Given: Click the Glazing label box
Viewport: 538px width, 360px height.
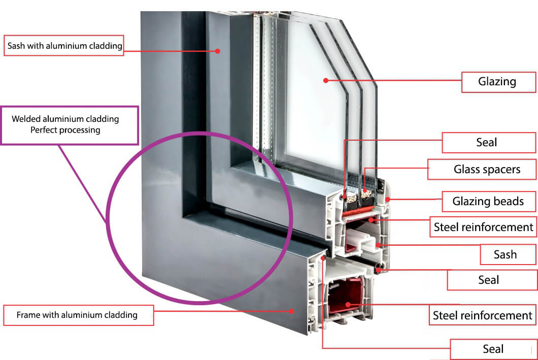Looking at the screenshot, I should (x=498, y=82).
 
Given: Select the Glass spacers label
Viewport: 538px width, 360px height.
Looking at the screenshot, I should (x=487, y=169).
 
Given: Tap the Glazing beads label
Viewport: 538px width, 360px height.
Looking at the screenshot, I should (x=488, y=202).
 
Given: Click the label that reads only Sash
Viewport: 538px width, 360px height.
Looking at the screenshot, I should (x=505, y=254).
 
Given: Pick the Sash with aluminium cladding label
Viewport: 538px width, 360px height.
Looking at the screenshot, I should (x=64, y=46).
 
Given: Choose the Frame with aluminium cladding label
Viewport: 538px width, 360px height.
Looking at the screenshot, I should (x=77, y=315).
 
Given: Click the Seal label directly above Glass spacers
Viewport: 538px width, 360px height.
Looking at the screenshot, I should (x=486, y=142).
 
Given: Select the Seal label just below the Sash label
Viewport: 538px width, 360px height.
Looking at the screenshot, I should (x=489, y=280).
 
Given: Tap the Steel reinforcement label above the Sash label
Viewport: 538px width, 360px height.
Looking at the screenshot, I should (x=483, y=227).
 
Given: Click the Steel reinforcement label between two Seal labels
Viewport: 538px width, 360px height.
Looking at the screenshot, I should (x=482, y=315).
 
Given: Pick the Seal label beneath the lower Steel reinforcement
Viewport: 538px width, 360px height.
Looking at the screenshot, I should (x=493, y=349).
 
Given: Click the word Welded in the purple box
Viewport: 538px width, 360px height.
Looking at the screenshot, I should (x=27, y=119).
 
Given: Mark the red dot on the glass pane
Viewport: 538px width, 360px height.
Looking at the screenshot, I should (x=326, y=80).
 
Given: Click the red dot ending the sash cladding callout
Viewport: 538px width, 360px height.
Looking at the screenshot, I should (x=217, y=51).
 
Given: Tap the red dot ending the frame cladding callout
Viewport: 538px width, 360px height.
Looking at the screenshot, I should (x=291, y=310).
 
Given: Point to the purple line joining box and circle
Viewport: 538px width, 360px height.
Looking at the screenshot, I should (x=81, y=183).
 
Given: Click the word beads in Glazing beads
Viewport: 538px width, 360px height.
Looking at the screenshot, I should (x=510, y=202).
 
